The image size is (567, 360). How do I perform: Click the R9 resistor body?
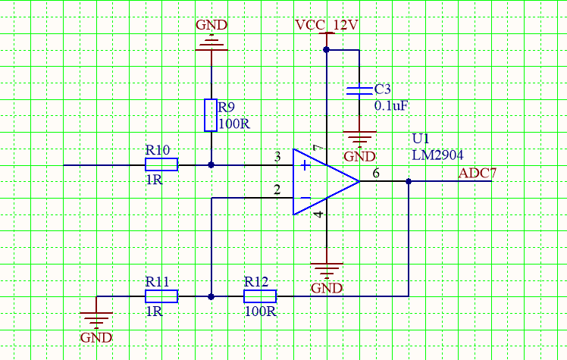tap(211, 115)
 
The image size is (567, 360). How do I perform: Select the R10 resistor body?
tap(161, 164)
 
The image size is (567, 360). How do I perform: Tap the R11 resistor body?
tap(161, 296)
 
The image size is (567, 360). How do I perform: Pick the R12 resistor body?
tap(260, 296)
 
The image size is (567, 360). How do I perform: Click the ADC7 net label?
tap(478, 174)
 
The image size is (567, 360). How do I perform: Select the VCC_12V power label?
tap(327, 25)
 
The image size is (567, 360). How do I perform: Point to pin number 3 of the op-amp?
tap(278, 157)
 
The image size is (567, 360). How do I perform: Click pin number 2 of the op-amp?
tap(278, 190)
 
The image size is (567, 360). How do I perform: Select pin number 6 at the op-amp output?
tap(376, 174)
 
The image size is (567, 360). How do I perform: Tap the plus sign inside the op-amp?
tap(304, 165)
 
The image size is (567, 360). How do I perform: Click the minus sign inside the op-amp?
tap(304, 199)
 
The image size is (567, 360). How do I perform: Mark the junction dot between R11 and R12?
tap(211, 296)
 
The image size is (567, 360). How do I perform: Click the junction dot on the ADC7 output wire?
tap(409, 182)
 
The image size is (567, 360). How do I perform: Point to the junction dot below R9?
tap(211, 164)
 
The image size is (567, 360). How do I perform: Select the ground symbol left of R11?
tap(97, 318)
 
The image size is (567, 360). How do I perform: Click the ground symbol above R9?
tap(211, 43)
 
